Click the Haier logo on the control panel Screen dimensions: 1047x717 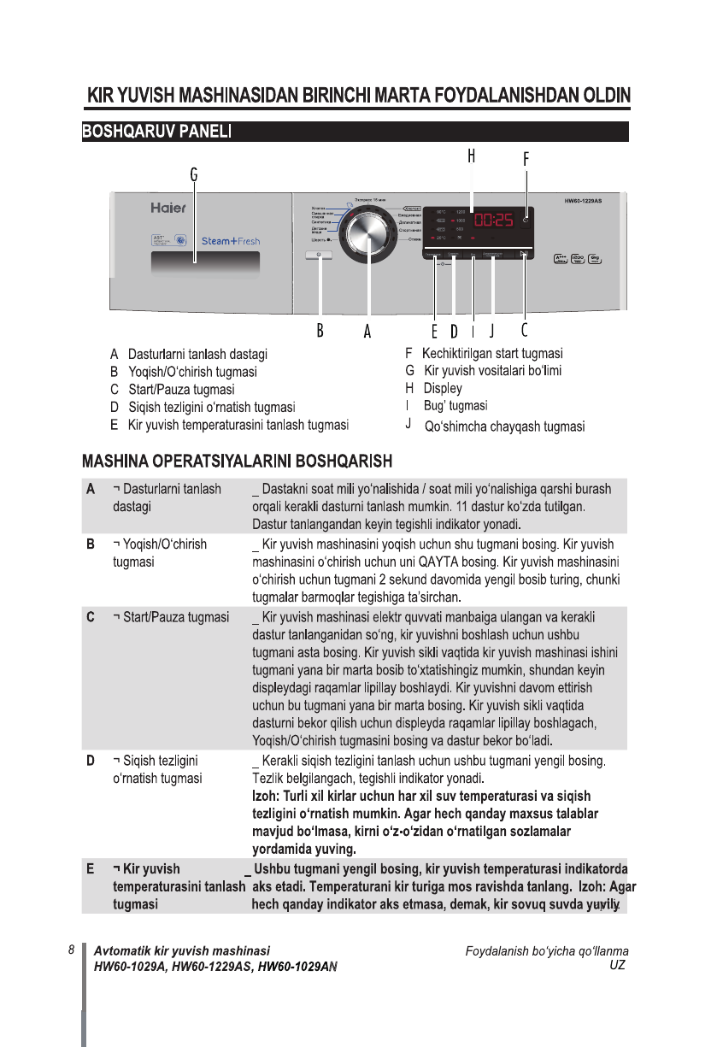(x=168, y=208)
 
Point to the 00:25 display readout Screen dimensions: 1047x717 (x=493, y=220)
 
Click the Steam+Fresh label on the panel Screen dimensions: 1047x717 (x=231, y=241)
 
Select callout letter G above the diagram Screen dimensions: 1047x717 (x=194, y=174)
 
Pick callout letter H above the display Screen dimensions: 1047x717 (x=471, y=156)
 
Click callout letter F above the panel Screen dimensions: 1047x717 (x=526, y=158)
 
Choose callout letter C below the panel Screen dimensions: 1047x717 (x=524, y=330)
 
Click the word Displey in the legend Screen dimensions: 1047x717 (x=443, y=388)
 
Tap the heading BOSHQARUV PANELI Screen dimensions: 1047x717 (x=157, y=132)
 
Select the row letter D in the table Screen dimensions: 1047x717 (x=90, y=761)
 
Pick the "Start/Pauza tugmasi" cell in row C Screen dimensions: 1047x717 (x=171, y=617)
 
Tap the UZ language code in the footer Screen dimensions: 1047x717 (x=616, y=965)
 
